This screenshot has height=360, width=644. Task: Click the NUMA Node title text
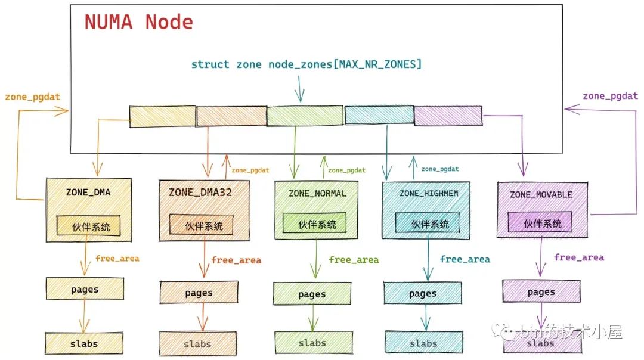tap(138, 22)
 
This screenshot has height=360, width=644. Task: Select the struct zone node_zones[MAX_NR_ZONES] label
tap(306, 64)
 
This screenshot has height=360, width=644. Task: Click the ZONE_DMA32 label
tap(200, 193)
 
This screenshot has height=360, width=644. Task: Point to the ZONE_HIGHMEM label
tap(426, 193)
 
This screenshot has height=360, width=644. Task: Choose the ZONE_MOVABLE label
tap(541, 195)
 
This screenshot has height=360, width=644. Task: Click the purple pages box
tap(541, 292)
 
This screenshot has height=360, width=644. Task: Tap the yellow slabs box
tap(83, 343)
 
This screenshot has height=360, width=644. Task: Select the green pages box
tap(312, 294)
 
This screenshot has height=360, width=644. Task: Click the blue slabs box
tap(423, 343)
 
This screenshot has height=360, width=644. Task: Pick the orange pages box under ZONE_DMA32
tap(199, 293)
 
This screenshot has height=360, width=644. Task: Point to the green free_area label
tap(354, 260)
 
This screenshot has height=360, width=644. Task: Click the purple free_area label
tap(578, 257)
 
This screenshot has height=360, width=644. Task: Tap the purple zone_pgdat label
tap(610, 96)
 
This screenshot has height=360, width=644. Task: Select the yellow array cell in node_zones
tap(162, 116)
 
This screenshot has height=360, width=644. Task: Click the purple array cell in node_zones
tap(448, 115)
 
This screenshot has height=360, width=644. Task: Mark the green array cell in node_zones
tap(305, 116)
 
